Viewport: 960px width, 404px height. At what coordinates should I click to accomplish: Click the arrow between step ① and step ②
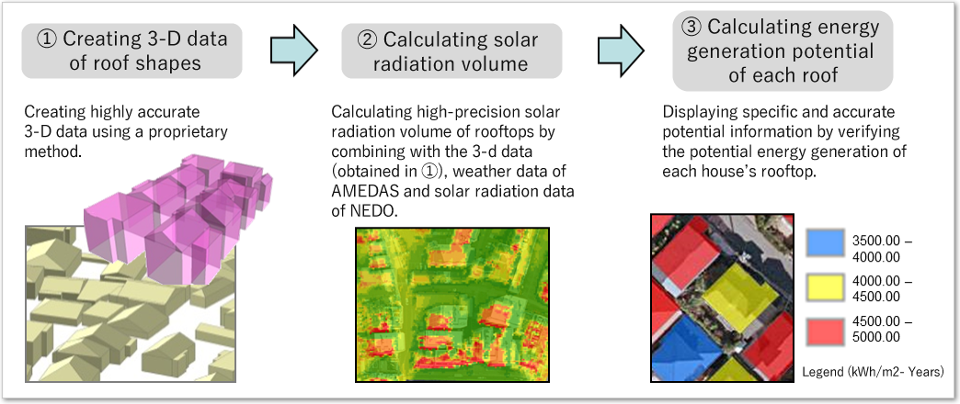(x=294, y=50)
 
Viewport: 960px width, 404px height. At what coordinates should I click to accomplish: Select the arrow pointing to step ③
(x=622, y=50)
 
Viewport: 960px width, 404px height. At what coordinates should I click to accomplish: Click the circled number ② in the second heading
(x=367, y=40)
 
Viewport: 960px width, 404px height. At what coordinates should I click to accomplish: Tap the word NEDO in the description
(x=367, y=211)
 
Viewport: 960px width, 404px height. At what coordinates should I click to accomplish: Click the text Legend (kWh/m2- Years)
(x=873, y=370)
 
